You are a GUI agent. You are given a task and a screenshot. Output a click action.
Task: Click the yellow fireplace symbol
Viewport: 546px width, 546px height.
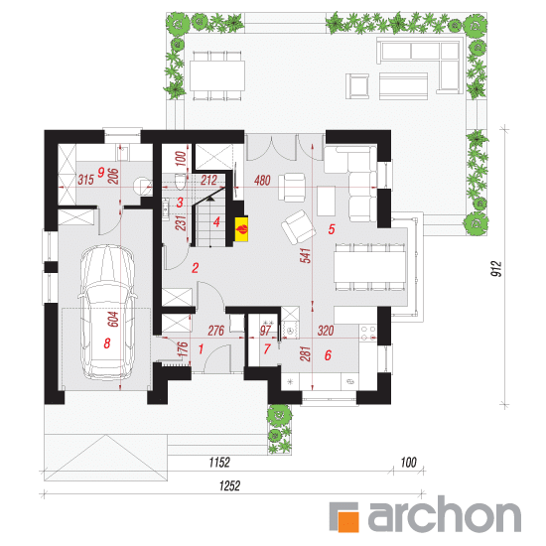241,228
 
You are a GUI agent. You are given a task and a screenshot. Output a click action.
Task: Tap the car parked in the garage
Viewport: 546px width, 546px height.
107,313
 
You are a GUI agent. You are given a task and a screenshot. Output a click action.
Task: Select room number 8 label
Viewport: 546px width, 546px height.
107,343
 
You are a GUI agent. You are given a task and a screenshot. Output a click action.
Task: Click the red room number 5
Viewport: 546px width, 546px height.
332,229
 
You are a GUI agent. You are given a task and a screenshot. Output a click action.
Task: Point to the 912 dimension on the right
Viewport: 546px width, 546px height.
496,268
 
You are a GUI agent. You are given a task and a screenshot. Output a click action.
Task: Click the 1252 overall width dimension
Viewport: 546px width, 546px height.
230,485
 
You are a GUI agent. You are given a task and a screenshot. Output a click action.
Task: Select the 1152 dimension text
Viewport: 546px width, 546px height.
219,463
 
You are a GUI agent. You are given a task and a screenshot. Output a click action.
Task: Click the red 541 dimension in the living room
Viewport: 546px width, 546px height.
306,255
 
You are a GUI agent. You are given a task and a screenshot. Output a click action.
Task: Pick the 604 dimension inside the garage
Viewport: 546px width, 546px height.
113,320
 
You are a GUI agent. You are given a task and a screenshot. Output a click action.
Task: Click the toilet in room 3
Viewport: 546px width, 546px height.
180,182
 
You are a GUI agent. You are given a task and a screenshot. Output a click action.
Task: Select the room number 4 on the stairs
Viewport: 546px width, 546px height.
216,221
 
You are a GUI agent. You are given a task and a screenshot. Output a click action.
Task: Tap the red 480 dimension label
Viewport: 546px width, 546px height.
262,181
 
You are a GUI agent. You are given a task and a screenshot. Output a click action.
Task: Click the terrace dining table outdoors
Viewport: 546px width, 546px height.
217,76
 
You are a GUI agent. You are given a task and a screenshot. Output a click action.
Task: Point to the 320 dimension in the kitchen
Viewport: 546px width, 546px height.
326,331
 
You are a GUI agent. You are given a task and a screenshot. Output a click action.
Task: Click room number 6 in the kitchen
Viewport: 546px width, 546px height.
328,355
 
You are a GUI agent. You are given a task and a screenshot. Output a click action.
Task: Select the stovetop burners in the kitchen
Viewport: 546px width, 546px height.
368,333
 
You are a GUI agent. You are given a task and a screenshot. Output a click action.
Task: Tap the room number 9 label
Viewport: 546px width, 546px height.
101,173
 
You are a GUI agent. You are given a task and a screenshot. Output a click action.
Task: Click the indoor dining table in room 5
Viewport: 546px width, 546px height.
370,266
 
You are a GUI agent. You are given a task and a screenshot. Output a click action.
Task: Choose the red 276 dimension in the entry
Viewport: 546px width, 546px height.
215,331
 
